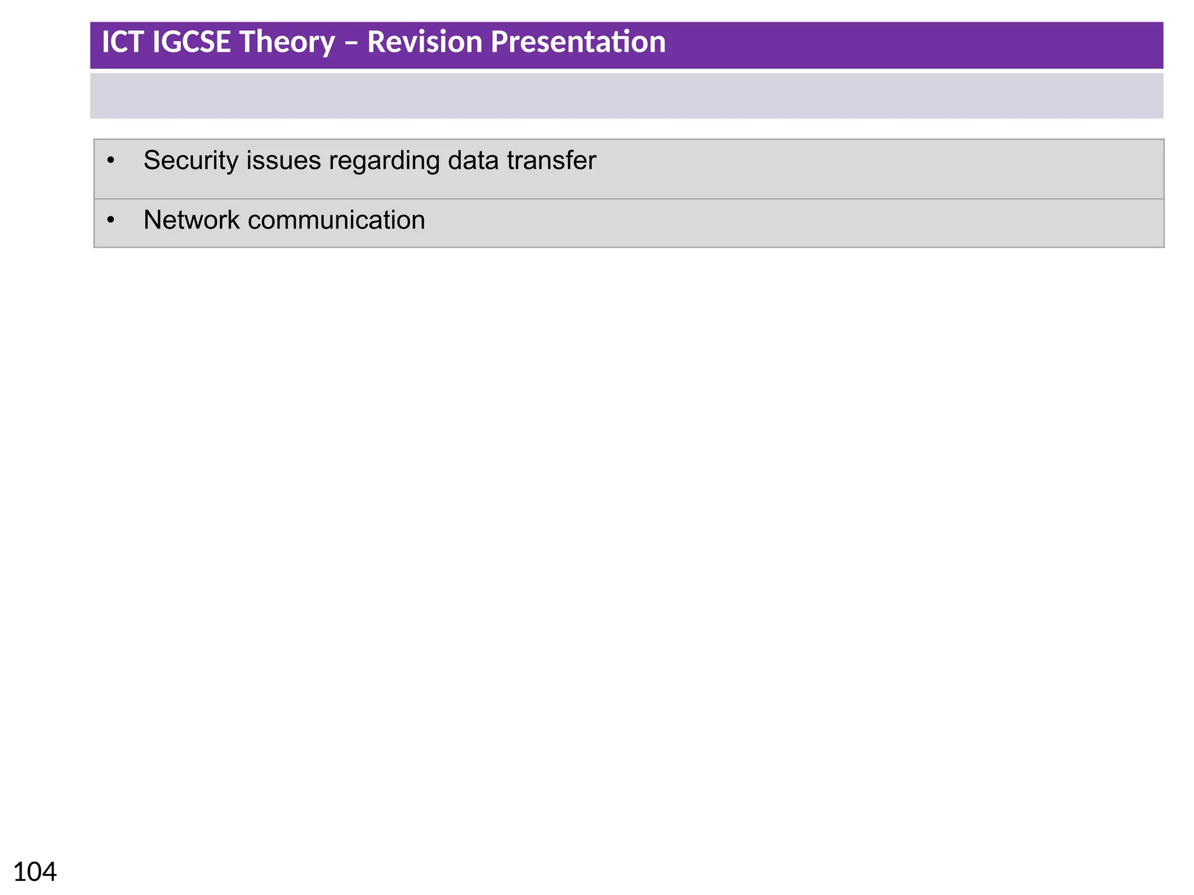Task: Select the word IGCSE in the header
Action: (x=191, y=43)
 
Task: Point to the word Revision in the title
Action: (x=424, y=43)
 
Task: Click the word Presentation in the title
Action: (x=578, y=43)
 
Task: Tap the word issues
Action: (x=283, y=161)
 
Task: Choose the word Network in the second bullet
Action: (x=192, y=220)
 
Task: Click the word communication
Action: (x=336, y=220)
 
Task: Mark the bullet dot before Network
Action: (x=111, y=220)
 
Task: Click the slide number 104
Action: (x=35, y=872)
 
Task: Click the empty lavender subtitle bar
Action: (x=626, y=96)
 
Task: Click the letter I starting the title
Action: (x=106, y=43)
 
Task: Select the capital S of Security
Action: (x=152, y=161)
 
